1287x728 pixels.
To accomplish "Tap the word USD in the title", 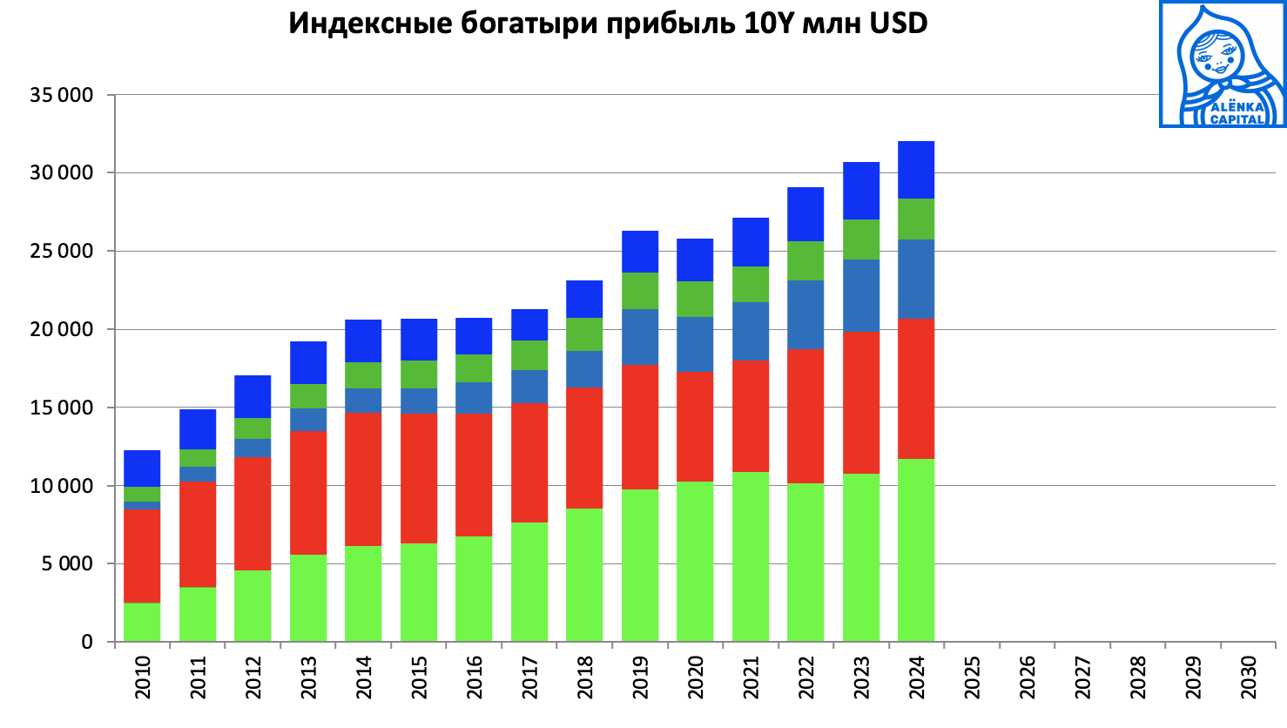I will point(898,24).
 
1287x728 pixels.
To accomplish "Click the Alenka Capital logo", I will point(1223,64).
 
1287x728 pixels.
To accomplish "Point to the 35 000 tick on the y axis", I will point(62,95).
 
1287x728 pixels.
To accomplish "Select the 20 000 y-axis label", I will point(62,329).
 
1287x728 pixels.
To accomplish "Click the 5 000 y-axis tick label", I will point(66,564).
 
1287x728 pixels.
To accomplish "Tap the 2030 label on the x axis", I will point(1249,677).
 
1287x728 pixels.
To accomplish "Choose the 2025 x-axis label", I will point(973,677).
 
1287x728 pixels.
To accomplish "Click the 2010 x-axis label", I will point(143,677).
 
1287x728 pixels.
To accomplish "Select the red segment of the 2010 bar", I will point(142,556).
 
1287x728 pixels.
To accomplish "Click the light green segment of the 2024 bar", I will point(916,550).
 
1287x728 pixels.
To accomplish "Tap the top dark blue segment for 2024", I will point(916,170).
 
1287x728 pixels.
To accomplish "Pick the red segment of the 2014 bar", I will point(363,479).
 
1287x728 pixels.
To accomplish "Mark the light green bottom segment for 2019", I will point(640,565).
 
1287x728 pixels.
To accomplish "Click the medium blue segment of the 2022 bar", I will point(805,314).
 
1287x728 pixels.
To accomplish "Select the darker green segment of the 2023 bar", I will point(861,239).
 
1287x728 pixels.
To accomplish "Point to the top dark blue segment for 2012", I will point(253,396).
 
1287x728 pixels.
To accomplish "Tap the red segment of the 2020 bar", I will point(695,427).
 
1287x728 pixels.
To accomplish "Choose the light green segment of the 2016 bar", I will point(474,589).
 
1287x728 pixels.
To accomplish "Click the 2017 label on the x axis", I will point(529,677).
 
